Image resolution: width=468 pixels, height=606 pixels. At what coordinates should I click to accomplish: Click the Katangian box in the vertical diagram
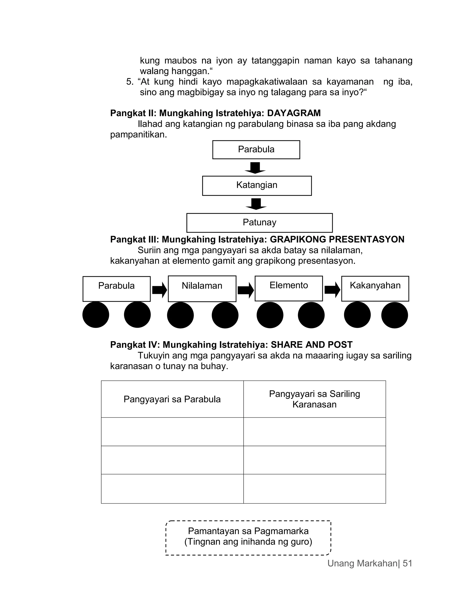click(x=257, y=186)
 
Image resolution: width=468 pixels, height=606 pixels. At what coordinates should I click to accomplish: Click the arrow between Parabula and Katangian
click(x=255, y=168)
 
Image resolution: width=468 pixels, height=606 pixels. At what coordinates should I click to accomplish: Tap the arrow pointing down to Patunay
click(x=256, y=204)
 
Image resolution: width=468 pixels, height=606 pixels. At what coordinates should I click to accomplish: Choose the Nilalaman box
click(x=202, y=289)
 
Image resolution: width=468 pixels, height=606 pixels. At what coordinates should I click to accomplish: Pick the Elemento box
click(x=289, y=288)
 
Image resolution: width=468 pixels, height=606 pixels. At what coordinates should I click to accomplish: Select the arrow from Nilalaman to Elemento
click(x=246, y=290)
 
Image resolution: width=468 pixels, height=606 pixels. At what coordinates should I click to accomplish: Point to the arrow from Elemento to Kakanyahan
click(x=332, y=290)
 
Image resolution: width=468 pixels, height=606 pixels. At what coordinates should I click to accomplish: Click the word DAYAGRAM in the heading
click(x=294, y=113)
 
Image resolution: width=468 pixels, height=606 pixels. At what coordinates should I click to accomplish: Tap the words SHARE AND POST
click(x=311, y=345)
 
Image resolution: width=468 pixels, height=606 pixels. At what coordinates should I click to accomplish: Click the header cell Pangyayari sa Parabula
click(x=172, y=399)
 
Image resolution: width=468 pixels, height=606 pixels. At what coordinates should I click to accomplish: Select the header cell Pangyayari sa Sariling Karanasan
click(x=314, y=399)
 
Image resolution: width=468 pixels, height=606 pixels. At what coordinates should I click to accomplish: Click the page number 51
click(x=407, y=563)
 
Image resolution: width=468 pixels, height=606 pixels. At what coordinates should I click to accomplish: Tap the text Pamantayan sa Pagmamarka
click(x=248, y=531)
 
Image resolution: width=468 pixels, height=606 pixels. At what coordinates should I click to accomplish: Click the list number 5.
click(x=130, y=82)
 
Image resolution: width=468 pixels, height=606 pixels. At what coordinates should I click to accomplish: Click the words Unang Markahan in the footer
click(x=362, y=563)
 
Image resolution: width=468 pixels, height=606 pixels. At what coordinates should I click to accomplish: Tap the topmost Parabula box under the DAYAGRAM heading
click(x=256, y=150)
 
